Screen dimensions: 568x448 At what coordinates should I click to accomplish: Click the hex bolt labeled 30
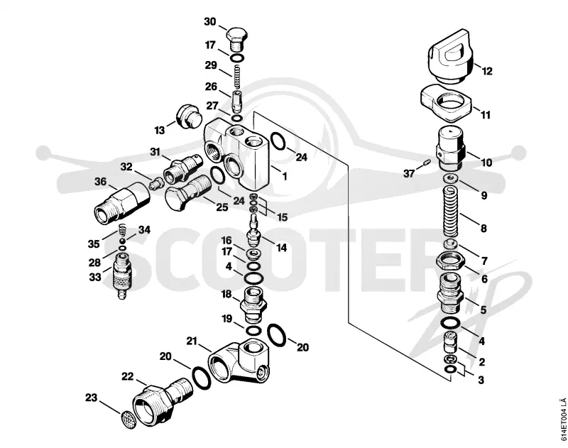tap(237, 39)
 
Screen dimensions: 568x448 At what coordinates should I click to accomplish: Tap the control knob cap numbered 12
tap(451, 57)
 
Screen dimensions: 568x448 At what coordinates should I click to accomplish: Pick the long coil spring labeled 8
tap(451, 212)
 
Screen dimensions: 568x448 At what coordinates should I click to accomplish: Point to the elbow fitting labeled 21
tap(239, 362)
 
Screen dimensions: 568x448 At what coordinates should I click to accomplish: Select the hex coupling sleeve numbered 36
tap(122, 200)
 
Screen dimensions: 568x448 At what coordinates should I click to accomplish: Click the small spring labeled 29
tap(236, 77)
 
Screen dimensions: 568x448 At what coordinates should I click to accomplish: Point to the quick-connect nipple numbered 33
tap(122, 276)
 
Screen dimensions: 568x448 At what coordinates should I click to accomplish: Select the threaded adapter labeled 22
tap(159, 402)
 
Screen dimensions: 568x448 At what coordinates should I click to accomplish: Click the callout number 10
tap(486, 163)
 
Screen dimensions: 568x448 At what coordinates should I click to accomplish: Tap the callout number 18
tap(226, 294)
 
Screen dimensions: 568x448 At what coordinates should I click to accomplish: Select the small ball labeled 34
tap(123, 241)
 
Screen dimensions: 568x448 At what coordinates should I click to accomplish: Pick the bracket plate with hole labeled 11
tap(447, 103)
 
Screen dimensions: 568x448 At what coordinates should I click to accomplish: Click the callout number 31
tap(155, 152)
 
